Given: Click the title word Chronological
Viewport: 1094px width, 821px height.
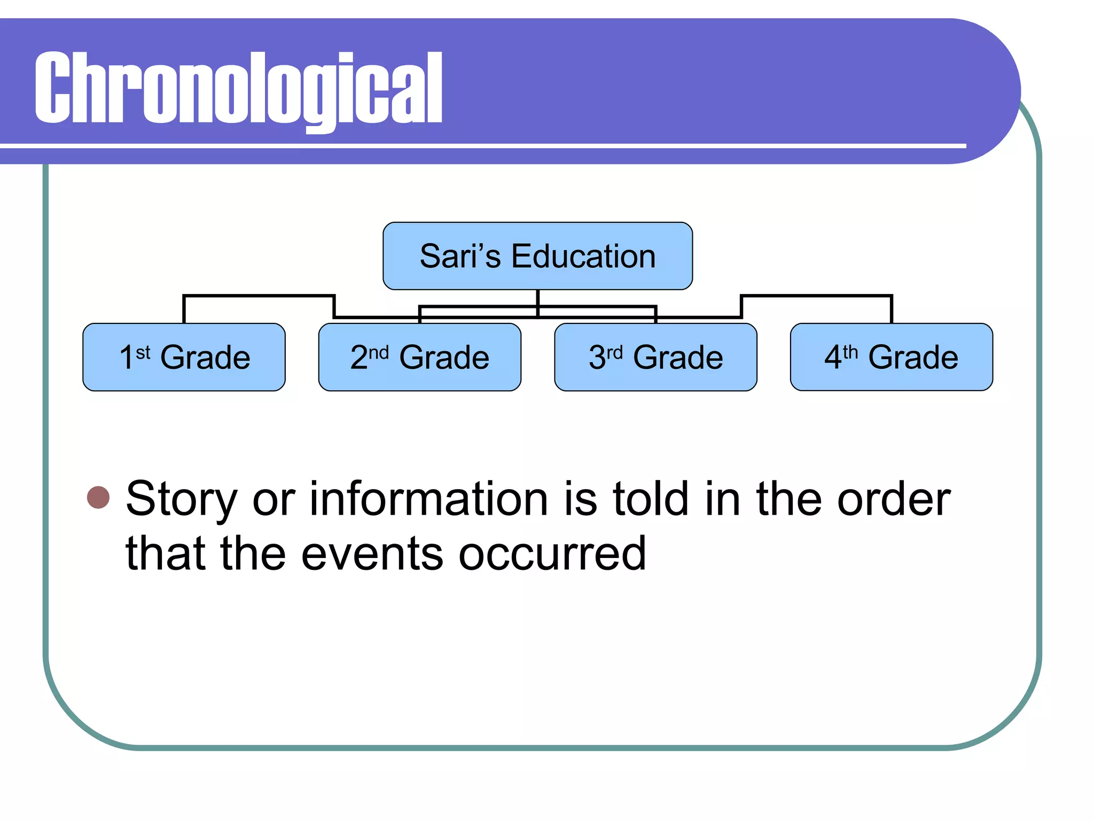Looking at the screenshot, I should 238,88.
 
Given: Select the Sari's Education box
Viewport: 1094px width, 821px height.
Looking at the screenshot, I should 537,256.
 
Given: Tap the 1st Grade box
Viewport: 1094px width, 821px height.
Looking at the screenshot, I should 184,357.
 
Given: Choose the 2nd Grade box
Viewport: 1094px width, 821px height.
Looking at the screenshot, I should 419,357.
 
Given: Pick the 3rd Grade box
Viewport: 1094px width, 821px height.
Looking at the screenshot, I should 655,357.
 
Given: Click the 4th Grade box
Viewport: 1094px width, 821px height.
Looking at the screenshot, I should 891,357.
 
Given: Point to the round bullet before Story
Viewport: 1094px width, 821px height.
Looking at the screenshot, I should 98,498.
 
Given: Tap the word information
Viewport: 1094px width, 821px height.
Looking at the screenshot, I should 429,499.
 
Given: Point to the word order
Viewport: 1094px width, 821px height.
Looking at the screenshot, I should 894,499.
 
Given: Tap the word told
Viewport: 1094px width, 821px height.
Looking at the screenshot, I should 650,499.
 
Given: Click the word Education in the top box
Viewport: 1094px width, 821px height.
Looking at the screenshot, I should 583,256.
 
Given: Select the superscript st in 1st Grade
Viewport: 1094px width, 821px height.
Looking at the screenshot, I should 143,353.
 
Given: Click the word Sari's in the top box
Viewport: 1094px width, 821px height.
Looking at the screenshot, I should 460,256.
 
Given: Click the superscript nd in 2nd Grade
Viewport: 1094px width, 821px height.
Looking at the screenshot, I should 378,353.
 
